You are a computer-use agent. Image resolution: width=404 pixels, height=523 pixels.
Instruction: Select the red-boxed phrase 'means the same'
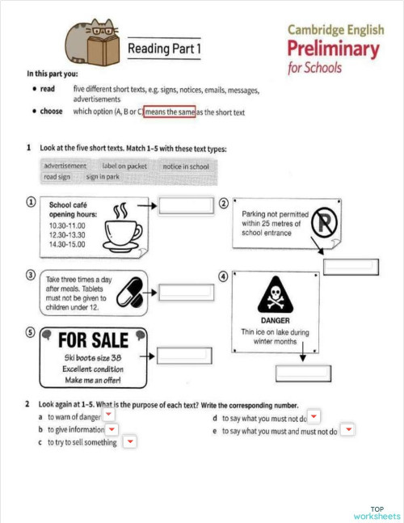(x=169, y=112)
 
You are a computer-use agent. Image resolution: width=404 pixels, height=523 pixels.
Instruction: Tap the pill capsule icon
(x=128, y=292)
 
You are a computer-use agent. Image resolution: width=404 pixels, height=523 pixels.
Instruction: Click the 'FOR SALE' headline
(x=94, y=340)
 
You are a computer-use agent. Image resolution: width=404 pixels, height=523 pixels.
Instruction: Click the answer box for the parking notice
(x=350, y=265)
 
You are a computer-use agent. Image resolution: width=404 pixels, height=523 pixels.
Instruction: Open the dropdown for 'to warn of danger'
(x=108, y=415)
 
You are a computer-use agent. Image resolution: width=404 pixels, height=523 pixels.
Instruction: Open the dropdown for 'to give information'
(x=112, y=428)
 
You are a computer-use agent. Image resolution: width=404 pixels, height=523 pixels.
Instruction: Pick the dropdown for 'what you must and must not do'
(x=347, y=429)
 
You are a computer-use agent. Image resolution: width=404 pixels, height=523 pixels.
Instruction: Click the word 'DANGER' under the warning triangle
(x=275, y=321)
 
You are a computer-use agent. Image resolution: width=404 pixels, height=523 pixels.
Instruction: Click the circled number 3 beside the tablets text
(x=31, y=275)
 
